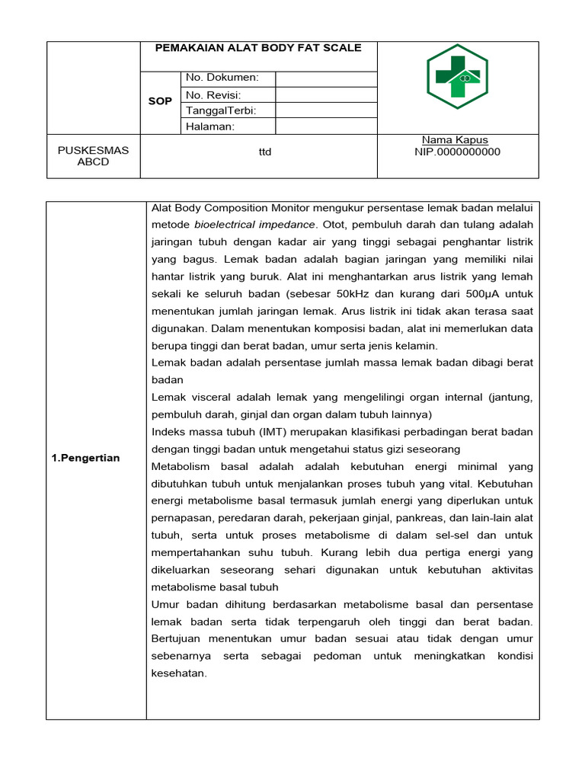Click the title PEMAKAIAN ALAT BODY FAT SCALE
point(258,47)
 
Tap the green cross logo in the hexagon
point(457,76)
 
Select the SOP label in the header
point(160,101)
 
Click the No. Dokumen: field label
point(222,78)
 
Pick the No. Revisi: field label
point(213,94)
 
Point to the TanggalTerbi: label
point(221,110)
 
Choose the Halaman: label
point(210,126)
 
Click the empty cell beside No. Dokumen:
point(325,78)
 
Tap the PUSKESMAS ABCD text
point(94,156)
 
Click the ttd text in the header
point(265,152)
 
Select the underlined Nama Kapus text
point(455,140)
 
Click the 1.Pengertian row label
point(86,458)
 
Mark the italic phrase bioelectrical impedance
point(254,225)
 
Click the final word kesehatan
point(179,673)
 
